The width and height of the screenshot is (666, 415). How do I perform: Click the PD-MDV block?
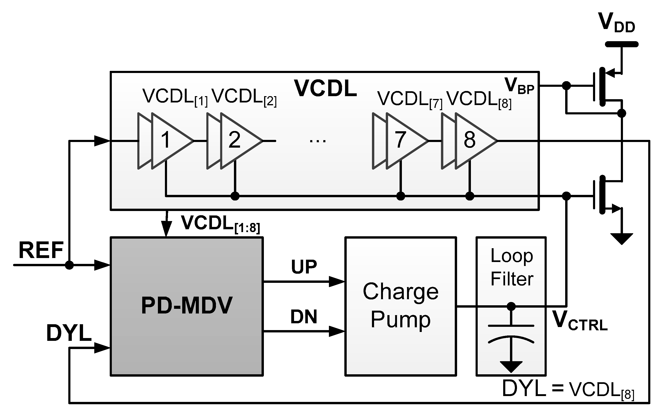click(187, 306)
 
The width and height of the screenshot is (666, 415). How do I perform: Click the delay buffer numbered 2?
click(239, 141)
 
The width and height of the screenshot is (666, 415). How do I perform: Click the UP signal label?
click(304, 267)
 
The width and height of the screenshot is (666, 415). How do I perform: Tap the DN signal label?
click(304, 317)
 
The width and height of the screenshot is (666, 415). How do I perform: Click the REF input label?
click(41, 250)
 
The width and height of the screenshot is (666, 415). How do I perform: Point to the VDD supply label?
click(617, 23)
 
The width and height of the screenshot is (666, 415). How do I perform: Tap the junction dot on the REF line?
click(69, 265)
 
